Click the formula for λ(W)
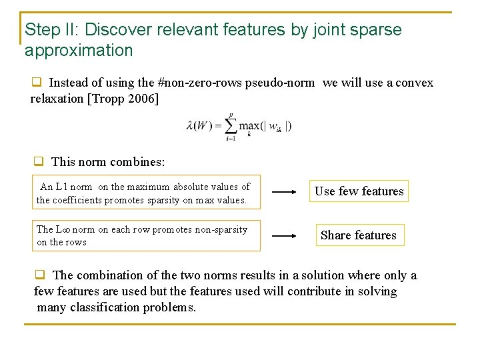click(x=239, y=125)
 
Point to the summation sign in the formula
click(x=231, y=125)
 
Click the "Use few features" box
click(x=359, y=191)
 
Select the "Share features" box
click(x=358, y=235)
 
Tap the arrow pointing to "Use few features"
click(x=285, y=192)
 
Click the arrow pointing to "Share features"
click(x=285, y=236)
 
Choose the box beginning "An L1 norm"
click(x=146, y=193)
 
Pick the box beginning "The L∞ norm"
click(x=146, y=236)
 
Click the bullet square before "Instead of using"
click(x=37, y=83)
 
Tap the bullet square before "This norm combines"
click(x=39, y=161)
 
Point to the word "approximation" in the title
click(x=79, y=51)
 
